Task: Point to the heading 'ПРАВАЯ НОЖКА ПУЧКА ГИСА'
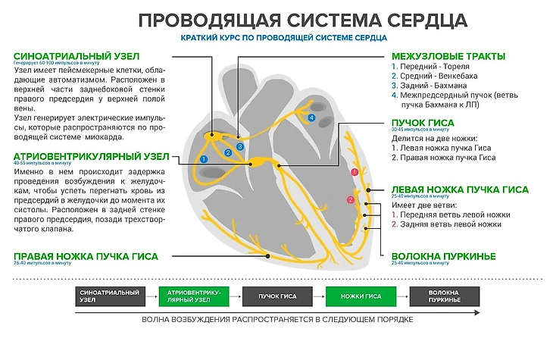86,256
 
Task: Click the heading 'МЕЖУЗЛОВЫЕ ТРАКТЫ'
448,55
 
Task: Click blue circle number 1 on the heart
203,158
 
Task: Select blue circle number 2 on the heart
228,152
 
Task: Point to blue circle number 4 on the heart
311,119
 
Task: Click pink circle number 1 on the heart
353,174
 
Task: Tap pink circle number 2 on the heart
349,199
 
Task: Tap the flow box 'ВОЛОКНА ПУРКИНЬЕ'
445,296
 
